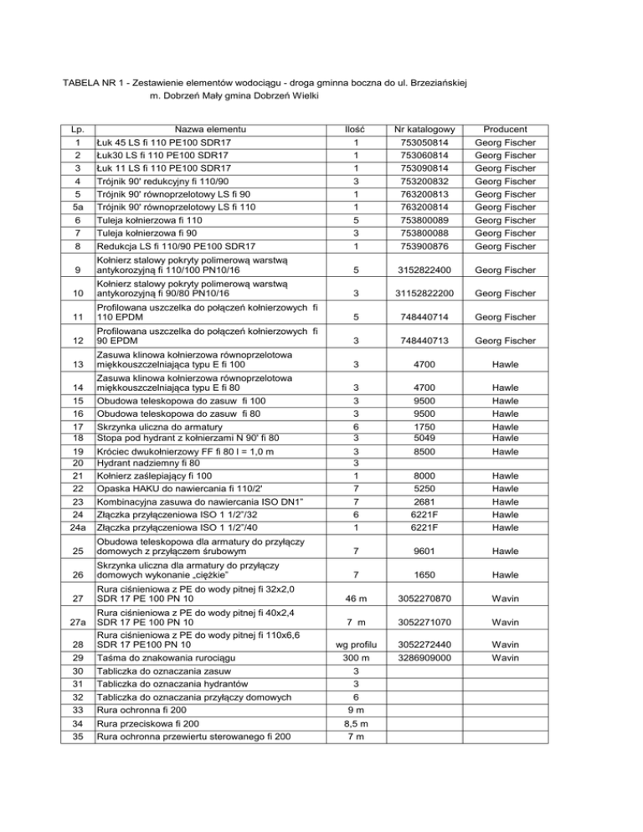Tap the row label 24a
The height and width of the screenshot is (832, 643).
click(76, 528)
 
